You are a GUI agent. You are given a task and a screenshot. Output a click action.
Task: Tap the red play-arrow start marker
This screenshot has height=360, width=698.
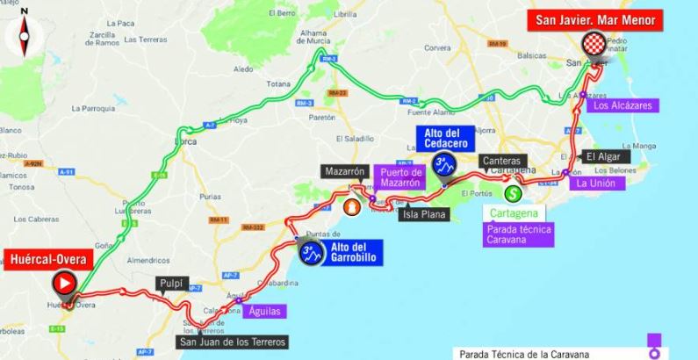pos(64,283)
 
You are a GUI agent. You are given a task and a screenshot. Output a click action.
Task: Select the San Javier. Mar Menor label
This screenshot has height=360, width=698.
pos(597,18)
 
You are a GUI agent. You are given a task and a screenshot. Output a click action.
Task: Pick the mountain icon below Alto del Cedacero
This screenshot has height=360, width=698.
pos(444,164)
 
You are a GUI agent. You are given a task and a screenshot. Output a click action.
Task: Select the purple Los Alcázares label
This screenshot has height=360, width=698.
pos(622,106)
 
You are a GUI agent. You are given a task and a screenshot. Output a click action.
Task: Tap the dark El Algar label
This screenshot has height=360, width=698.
pos(603,156)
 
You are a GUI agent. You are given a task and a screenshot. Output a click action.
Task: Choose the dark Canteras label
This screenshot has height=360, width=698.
pos(502,162)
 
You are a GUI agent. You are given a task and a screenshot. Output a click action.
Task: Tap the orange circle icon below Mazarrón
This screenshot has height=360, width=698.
pos(352,207)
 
